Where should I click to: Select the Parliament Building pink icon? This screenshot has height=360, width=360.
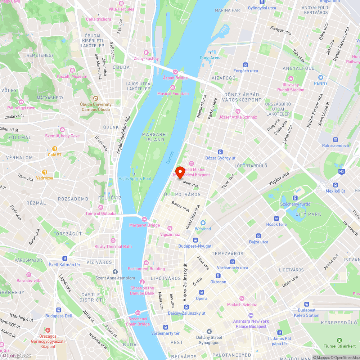pyautogui.click(x=146, y=263)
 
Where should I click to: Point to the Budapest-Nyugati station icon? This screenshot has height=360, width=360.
pyautogui.click(x=195, y=240)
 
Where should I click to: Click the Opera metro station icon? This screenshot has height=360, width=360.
pyautogui.click(x=202, y=292)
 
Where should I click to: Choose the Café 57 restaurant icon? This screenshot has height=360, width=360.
pyautogui.click(x=55, y=149)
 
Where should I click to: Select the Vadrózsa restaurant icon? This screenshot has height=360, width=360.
pyautogui.click(x=45, y=172)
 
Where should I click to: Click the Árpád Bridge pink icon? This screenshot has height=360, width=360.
pyautogui.click(x=175, y=72)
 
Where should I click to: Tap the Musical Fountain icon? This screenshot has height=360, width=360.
pyautogui.click(x=173, y=88)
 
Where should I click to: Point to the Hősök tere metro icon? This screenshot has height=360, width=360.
pyautogui.click(x=276, y=219)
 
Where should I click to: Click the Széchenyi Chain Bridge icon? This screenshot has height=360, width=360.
pyautogui.click(x=138, y=313)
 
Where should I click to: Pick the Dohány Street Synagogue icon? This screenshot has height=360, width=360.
pyautogui.click(x=209, y=332)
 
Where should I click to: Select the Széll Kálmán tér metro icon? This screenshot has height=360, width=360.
pyautogui.click(x=65, y=258)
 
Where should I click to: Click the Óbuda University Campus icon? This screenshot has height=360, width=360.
pyautogui.click(x=95, y=98)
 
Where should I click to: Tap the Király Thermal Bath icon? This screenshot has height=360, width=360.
pyautogui.click(x=113, y=240)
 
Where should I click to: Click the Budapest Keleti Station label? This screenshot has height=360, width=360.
pyautogui.click(x=306, y=313)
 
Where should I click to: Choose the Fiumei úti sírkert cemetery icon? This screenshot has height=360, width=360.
pyautogui.click(x=339, y=340)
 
